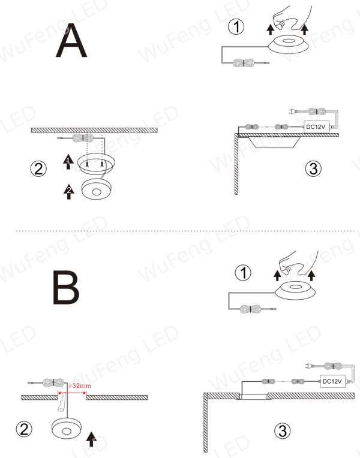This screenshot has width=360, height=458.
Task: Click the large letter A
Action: [71, 40]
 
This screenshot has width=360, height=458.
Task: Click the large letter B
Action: [66, 288]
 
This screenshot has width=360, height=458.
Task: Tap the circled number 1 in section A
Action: [236, 27]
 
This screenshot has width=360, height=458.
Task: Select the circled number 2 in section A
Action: [38, 168]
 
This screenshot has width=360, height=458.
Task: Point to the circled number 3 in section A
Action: [313, 168]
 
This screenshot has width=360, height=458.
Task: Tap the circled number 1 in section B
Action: [243, 273]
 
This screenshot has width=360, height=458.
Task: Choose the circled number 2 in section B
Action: [24, 429]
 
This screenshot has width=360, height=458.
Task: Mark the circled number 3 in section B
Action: [283, 431]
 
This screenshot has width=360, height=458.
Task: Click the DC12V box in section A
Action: [317, 126]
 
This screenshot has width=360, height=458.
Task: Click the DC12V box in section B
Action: [333, 381]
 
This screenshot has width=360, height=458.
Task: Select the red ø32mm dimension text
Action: [80, 385]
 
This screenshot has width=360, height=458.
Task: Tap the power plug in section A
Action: [292, 111]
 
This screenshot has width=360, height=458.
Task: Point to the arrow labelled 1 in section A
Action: [68, 161]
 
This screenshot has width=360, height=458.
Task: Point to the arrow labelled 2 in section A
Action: [69, 192]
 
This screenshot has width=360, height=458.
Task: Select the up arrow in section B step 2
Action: [92, 439]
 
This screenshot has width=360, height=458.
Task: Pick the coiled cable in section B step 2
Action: [53, 382]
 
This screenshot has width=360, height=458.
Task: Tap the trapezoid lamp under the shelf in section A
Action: [275, 142]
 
